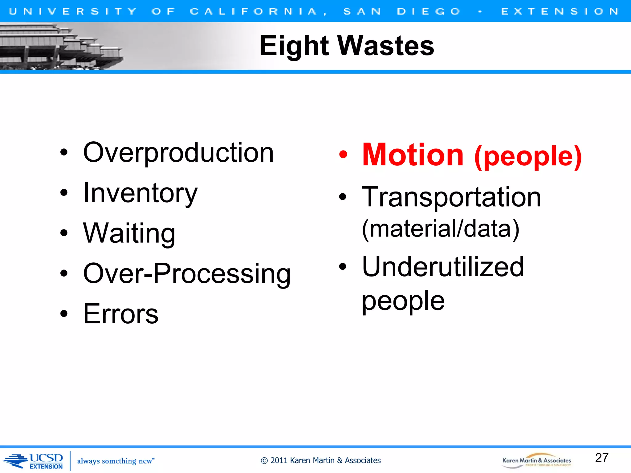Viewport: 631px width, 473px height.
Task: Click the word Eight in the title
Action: pos(294,46)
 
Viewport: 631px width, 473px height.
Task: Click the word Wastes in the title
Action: pos(386,46)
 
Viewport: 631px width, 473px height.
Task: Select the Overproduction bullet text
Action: pos(178,153)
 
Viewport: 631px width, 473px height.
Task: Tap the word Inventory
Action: pos(140,193)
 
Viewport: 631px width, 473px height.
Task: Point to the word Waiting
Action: pos(129,233)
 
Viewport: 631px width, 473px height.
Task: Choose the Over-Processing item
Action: pos(187,274)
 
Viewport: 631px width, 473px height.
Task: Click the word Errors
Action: pos(121,314)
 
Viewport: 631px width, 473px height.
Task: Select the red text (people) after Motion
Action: pos(528,157)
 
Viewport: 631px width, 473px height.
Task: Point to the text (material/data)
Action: pos(441,229)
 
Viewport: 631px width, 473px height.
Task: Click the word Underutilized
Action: pos(443,267)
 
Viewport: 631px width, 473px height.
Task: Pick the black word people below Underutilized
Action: pos(403,301)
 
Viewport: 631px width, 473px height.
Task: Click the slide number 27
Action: pos(601,458)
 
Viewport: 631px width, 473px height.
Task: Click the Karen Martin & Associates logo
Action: pos(536,461)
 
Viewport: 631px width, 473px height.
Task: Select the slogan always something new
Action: pos(116,461)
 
